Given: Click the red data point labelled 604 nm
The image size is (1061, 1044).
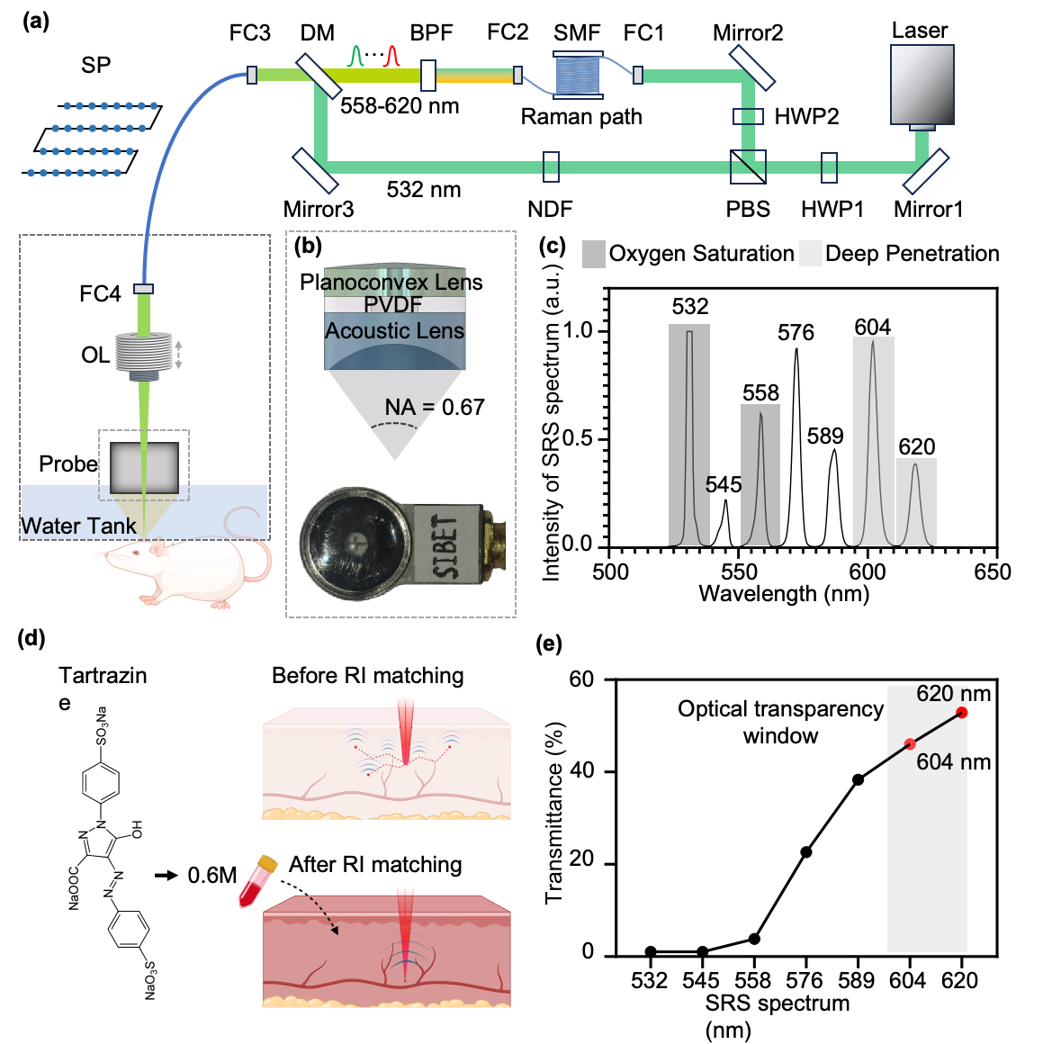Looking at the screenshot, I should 910,743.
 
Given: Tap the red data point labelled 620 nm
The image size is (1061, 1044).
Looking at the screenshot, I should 961,713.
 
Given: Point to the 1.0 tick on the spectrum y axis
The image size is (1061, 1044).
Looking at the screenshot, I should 583,332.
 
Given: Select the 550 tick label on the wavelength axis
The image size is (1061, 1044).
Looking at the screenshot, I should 738,574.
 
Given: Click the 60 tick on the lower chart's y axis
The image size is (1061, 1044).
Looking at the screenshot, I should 591,679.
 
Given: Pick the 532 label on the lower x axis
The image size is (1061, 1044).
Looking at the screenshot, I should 651,982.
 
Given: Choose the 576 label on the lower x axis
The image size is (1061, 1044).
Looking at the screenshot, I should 806,982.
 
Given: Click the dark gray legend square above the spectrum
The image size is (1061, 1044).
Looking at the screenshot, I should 594,254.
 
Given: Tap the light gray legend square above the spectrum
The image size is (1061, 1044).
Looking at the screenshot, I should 811,254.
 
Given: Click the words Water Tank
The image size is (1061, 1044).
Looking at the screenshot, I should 79,526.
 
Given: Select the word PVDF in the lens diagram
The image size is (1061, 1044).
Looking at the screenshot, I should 393,305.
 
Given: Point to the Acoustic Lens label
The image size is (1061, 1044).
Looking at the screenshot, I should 394,331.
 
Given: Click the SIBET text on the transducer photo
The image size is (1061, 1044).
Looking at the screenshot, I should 446,545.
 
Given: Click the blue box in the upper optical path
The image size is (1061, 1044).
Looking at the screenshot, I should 577,75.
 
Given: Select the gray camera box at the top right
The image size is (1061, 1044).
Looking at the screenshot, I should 922,85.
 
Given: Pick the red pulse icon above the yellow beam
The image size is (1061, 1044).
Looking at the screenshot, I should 391,56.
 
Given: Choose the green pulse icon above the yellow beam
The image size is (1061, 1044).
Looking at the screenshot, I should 356,56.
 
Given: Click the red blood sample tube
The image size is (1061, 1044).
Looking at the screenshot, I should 257,881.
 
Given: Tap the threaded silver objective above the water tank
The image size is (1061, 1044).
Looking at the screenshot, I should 144,352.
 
